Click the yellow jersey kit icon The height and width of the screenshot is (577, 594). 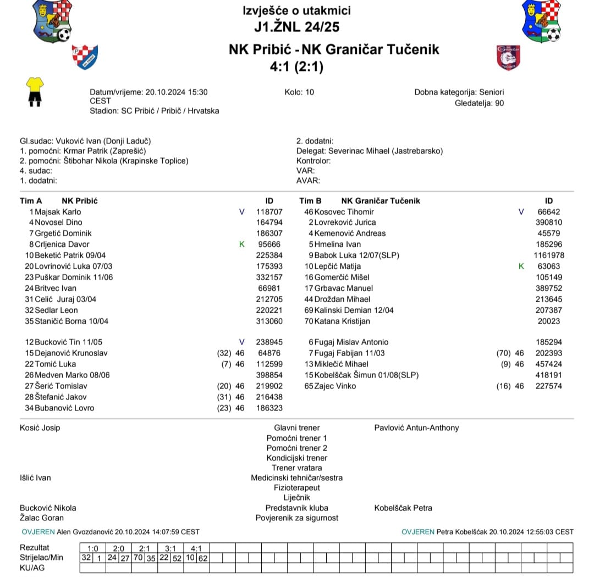tap(35, 91)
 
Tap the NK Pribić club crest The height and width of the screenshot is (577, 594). tap(84, 57)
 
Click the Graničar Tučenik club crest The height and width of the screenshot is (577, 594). tap(508, 57)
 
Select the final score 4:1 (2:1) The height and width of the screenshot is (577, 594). tap(296, 66)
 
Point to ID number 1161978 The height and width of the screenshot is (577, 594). tap(548, 255)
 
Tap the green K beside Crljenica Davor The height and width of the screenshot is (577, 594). tap(241, 244)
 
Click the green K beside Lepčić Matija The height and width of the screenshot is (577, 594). tap(521, 266)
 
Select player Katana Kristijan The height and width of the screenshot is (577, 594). tap(342, 321)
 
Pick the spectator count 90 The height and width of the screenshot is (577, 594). tap(499, 103)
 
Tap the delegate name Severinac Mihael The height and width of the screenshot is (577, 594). tap(358, 151)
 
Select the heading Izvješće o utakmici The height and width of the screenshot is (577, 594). tap(296, 10)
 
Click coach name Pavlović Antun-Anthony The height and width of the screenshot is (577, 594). tap(416, 428)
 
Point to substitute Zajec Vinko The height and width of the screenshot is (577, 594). tap(335, 386)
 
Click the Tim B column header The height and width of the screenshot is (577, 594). tap(311, 201)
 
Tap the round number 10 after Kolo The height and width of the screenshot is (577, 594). tap(310, 92)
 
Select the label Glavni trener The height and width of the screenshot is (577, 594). tap(296, 428)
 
